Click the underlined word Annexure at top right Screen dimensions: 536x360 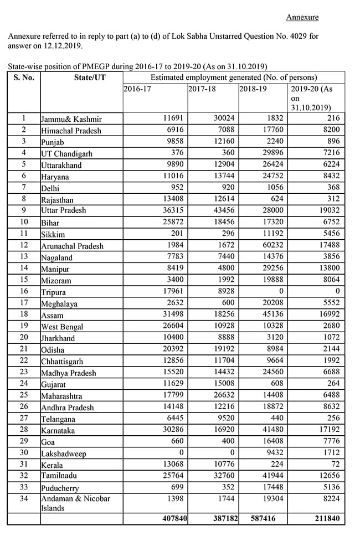302,17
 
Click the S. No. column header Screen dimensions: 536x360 24,78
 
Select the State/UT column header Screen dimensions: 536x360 90,78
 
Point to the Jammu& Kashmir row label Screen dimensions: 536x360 71,119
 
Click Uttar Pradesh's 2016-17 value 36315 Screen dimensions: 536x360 173,210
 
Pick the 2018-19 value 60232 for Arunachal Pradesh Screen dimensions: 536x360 272,245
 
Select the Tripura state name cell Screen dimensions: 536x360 54,292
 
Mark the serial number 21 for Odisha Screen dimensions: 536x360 24,349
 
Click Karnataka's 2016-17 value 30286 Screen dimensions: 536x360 173,430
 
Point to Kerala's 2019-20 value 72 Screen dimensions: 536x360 341,464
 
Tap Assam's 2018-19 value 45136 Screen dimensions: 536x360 272,315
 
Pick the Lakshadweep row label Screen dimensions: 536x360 64,453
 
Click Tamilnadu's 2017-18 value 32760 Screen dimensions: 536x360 222,476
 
